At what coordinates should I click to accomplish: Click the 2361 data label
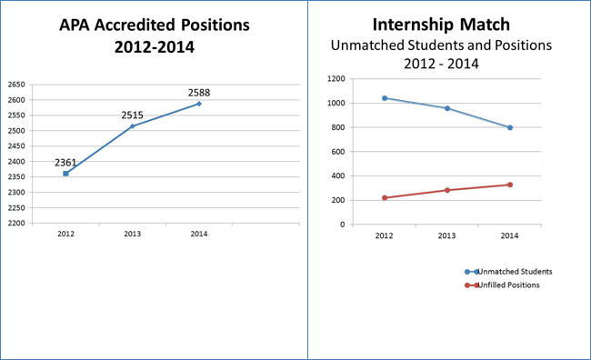65,162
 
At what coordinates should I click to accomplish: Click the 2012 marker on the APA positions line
65,174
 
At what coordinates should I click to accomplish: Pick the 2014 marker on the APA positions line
199,104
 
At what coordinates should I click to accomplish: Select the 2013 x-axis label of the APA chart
132,234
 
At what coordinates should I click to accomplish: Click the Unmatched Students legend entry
515,271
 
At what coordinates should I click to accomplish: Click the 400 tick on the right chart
337,175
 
